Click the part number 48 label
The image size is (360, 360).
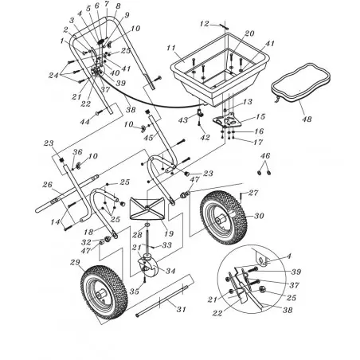click(x=307, y=119)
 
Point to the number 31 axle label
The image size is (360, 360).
click(x=182, y=309)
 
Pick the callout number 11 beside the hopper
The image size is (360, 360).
click(x=171, y=48)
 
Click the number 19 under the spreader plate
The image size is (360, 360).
click(x=169, y=233)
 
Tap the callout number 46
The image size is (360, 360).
click(x=265, y=156)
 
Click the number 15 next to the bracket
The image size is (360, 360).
click(x=260, y=117)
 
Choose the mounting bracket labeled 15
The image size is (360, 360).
click(x=228, y=120)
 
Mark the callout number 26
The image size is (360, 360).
click(x=47, y=184)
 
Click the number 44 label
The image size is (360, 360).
click(x=85, y=122)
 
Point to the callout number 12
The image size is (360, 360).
click(x=205, y=24)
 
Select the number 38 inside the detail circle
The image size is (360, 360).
click(x=288, y=310)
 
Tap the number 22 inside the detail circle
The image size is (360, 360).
click(x=217, y=313)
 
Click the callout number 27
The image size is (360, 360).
click(x=253, y=193)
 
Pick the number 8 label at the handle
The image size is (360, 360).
click(x=118, y=6)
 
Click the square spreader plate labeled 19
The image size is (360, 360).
click(x=147, y=209)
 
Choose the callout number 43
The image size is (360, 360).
click(x=183, y=120)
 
